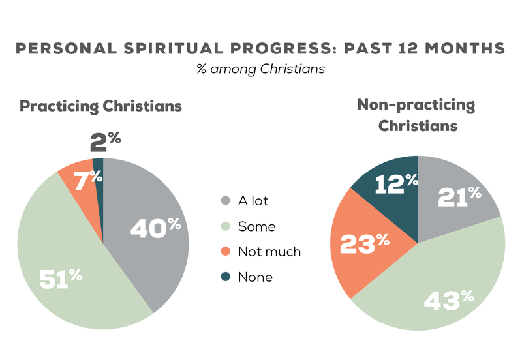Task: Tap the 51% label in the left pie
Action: coord(61,278)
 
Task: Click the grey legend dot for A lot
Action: coord(226,201)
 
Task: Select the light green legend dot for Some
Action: coord(226,226)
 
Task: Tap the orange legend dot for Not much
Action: coord(226,252)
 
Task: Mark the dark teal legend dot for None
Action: coord(226,277)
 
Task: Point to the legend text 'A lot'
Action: coord(253,201)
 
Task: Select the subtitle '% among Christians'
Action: coord(260,68)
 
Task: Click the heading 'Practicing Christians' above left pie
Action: coord(100,106)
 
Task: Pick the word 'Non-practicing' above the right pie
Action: coord(416,105)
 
